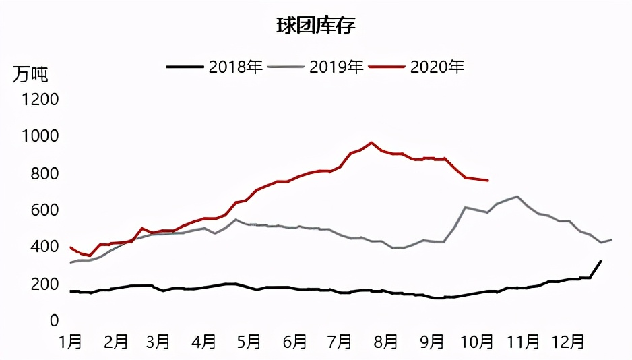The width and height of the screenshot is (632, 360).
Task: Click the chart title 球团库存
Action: coord(316,26)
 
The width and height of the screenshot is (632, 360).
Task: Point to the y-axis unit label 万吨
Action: coord(30,74)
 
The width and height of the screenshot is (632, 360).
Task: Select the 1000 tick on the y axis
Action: coord(40,137)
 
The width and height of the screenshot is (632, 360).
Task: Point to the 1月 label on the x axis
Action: coord(70,342)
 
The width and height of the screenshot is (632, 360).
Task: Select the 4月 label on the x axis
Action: coord(204,342)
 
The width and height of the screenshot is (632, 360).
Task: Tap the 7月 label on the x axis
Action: coord(340,342)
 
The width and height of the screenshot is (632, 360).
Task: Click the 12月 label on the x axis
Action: coord(567,342)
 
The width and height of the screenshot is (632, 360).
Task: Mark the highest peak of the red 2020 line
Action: coord(371,142)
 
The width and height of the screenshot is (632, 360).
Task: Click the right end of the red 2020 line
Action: coord(488,181)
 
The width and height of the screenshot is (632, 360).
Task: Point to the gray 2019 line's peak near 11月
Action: coord(517,196)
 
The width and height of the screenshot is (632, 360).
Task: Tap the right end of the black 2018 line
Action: coord(601,260)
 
